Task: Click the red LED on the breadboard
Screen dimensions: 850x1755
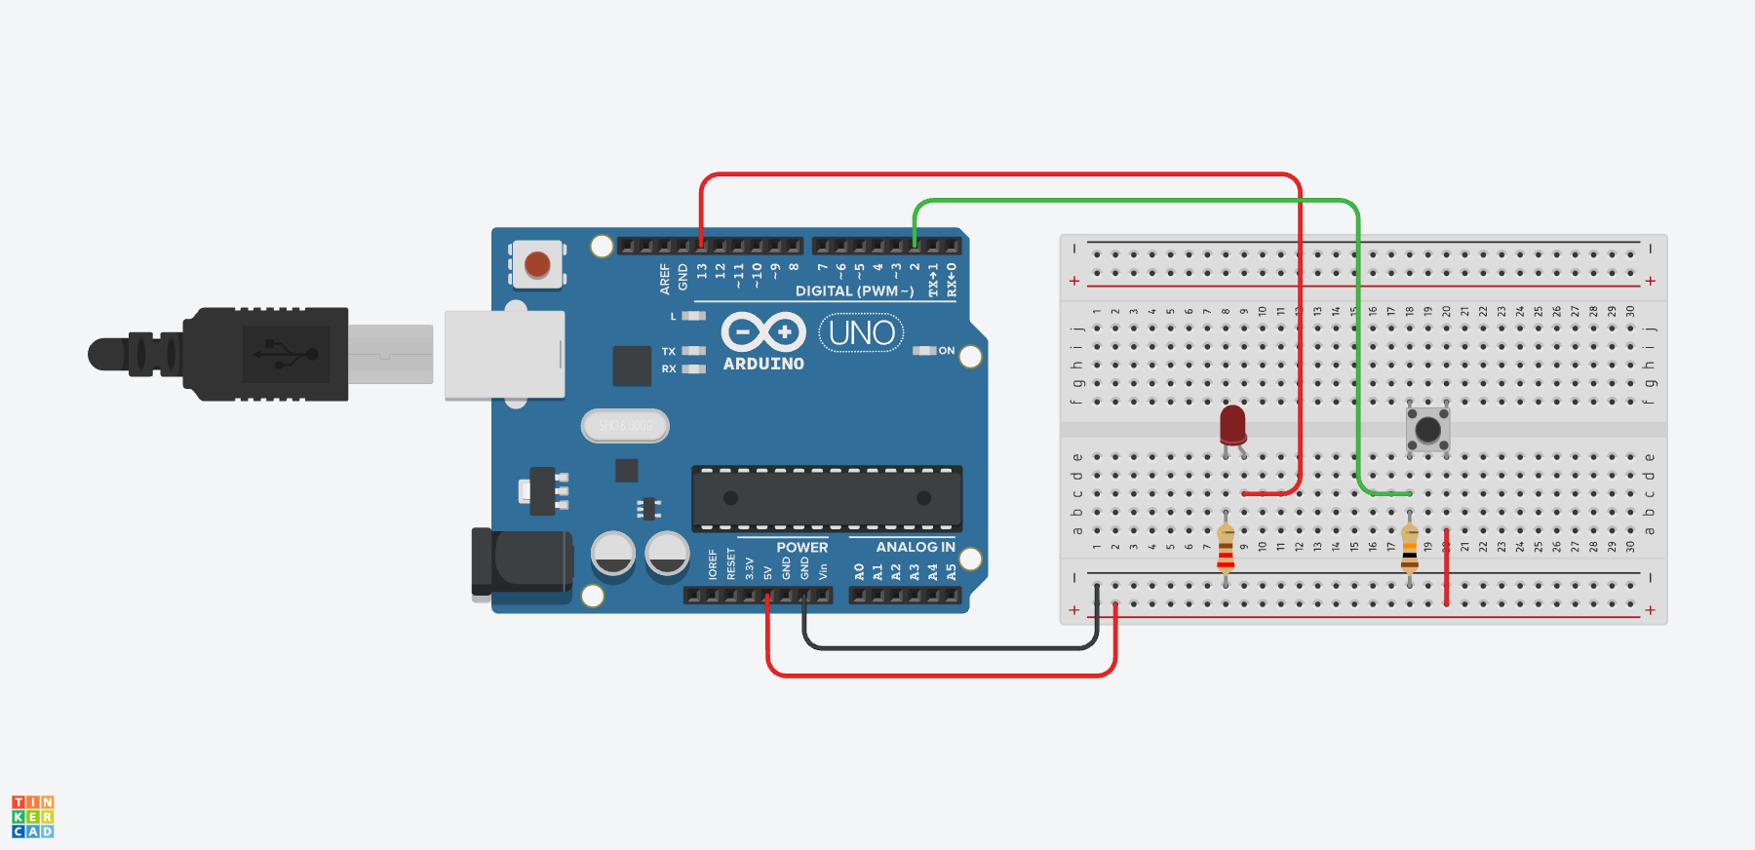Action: tap(1232, 424)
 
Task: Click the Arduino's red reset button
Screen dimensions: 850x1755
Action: tap(537, 264)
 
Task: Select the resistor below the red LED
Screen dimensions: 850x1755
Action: tap(1226, 549)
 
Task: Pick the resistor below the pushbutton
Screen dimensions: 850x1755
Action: tap(1409, 549)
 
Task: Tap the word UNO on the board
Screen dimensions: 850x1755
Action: tap(862, 333)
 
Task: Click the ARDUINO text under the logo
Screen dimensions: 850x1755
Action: tap(763, 364)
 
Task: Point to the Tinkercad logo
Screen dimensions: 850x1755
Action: tap(32, 816)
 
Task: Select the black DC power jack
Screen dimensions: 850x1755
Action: tap(521, 561)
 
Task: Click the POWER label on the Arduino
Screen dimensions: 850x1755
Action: tap(801, 547)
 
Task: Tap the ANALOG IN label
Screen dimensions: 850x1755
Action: tap(915, 547)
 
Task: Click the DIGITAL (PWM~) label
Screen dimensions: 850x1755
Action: tap(854, 290)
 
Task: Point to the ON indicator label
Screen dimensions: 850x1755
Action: tap(947, 351)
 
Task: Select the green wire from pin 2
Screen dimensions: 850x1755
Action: tap(1131, 202)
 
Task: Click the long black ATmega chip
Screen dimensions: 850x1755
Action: tap(827, 498)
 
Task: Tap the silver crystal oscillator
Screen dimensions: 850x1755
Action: tap(625, 426)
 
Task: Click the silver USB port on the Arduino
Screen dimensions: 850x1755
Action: tap(504, 355)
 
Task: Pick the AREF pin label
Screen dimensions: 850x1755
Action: tap(665, 278)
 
